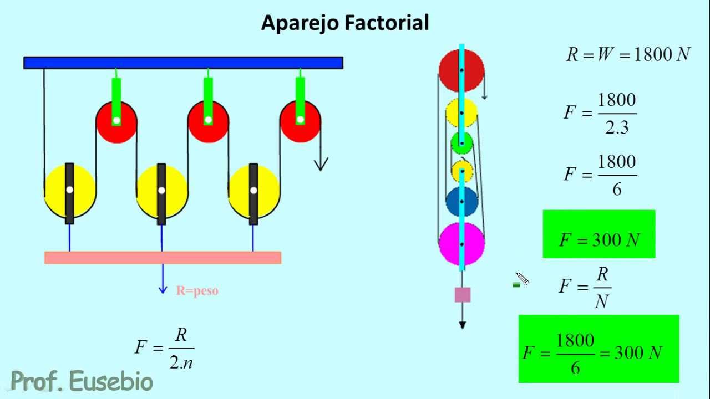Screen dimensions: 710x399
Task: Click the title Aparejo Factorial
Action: (x=345, y=23)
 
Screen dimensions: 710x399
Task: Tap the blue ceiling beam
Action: (x=183, y=63)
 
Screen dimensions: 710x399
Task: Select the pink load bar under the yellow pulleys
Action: (x=163, y=258)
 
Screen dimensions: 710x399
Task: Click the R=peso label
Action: (x=197, y=291)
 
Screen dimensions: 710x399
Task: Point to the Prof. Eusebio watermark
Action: (x=82, y=381)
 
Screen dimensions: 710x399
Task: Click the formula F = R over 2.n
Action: (x=165, y=349)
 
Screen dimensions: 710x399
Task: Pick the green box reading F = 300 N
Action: (x=599, y=234)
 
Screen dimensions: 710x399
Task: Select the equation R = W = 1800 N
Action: (x=628, y=54)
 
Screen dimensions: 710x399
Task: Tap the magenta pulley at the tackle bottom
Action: (x=462, y=244)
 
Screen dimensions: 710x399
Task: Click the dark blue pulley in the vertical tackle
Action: (x=462, y=201)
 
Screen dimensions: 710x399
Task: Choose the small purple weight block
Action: (x=463, y=295)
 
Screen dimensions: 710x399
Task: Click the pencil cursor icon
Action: (x=523, y=279)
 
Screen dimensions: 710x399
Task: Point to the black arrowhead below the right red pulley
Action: (x=321, y=165)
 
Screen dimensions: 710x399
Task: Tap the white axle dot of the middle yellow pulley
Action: (x=161, y=190)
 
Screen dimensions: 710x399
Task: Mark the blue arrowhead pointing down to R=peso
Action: (x=163, y=289)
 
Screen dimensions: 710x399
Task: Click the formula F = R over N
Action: (x=585, y=288)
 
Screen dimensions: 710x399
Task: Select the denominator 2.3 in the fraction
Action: (x=617, y=127)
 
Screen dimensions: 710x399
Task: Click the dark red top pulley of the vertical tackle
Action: (x=461, y=70)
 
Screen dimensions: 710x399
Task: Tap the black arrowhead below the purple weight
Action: (x=463, y=325)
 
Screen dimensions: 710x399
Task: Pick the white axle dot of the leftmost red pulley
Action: (x=116, y=121)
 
